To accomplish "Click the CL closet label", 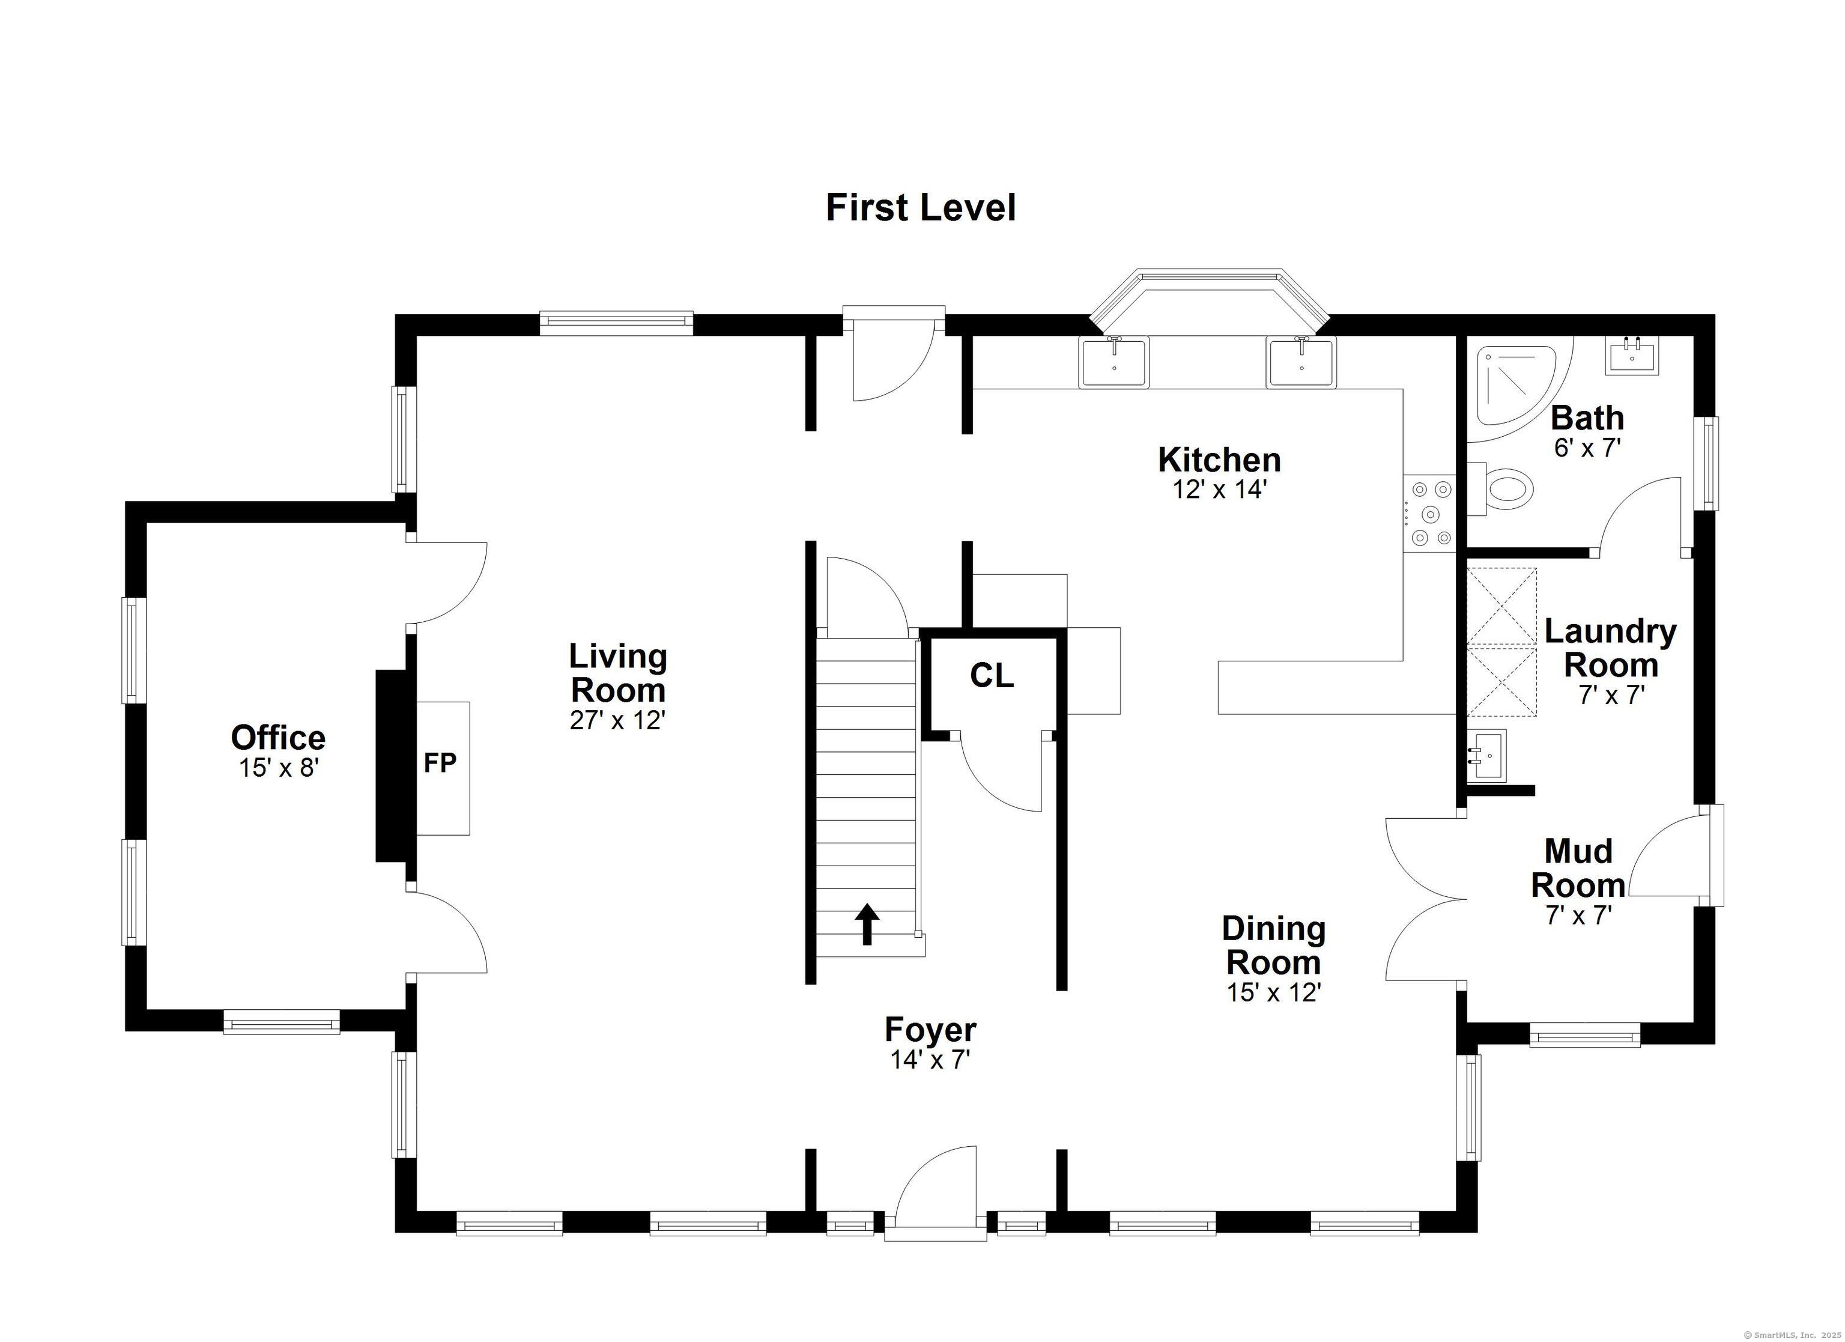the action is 992,675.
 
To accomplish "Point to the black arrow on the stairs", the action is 867,924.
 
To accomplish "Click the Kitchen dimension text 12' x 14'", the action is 1219,490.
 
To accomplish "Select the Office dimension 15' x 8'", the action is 277,768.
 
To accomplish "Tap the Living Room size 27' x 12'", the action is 617,720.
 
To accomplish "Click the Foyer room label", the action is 931,1030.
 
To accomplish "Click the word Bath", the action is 1587,417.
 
